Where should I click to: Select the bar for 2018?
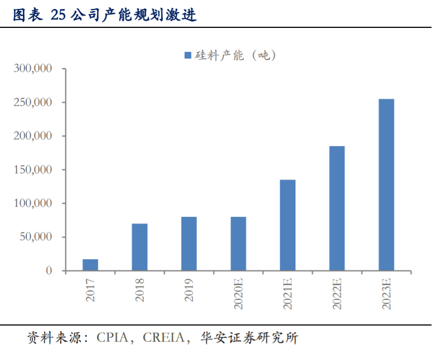coord(140,247)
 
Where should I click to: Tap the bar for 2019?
coord(189,244)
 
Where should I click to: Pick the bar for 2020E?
coord(239,244)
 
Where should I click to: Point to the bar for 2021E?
coord(288,225)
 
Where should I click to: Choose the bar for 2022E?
coord(337,208)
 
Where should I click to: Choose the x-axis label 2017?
coord(91,290)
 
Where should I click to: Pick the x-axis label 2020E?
coord(239,293)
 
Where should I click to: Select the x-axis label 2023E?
coord(386,293)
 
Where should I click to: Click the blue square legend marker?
coord(187,55)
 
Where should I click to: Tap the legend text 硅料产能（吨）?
coord(235,55)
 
